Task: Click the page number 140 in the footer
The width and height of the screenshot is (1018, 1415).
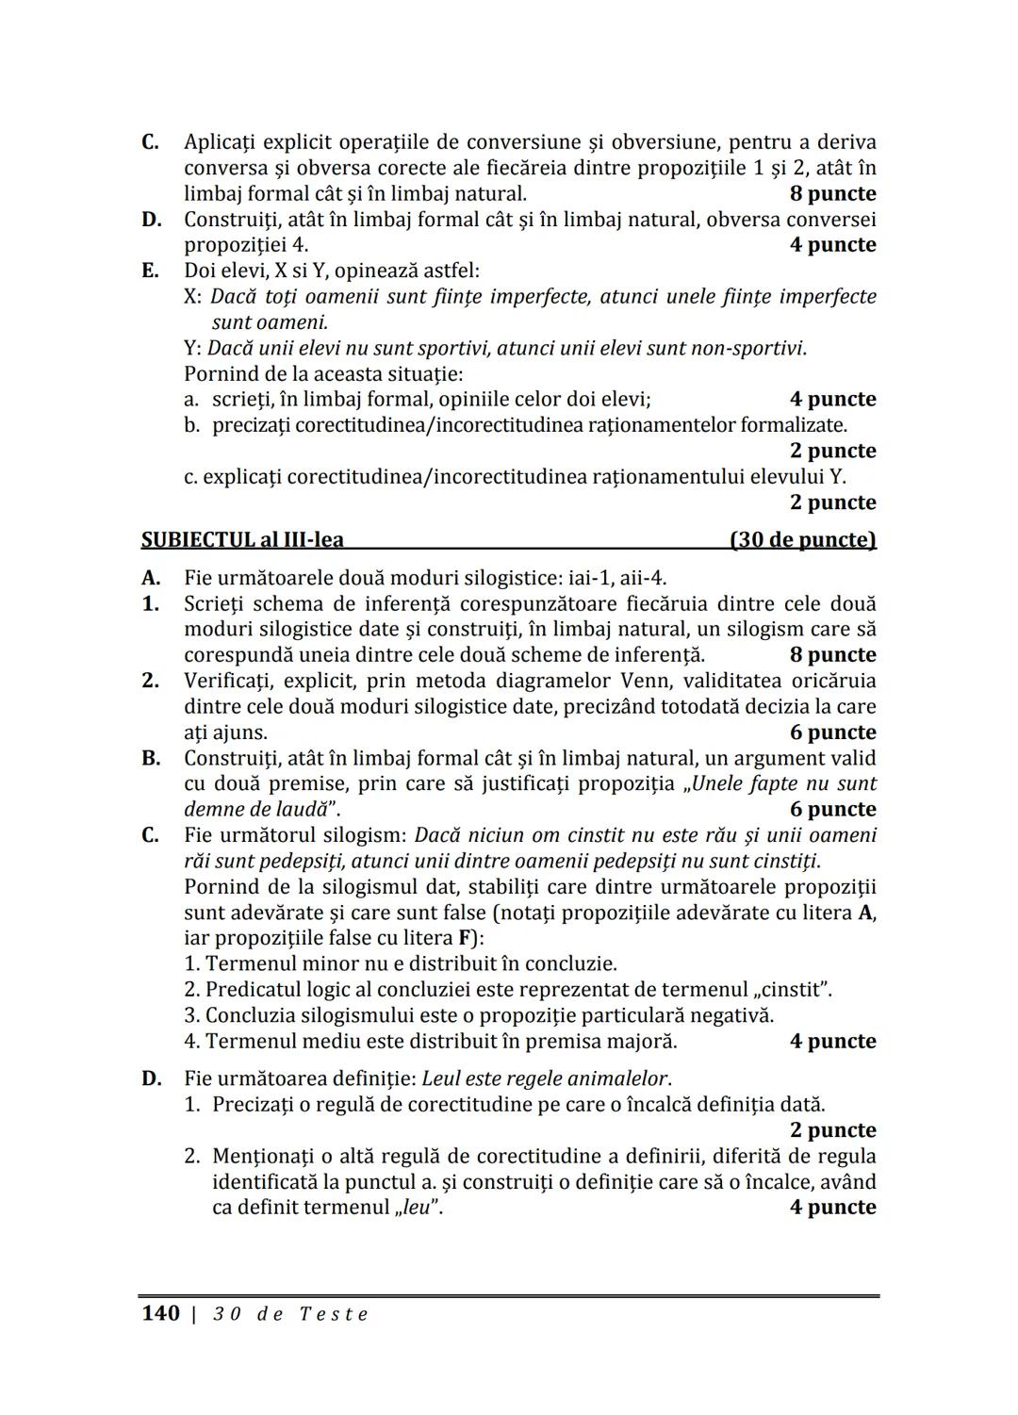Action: [x=159, y=1313]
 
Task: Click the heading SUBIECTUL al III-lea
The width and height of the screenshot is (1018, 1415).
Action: [x=242, y=540]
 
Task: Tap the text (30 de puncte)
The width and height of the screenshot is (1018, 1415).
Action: [x=803, y=540]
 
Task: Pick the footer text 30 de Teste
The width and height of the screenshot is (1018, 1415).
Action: [x=290, y=1314]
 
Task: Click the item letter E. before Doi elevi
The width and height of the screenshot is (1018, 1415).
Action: [x=150, y=271]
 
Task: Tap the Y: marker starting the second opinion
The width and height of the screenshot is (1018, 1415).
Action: [x=193, y=348]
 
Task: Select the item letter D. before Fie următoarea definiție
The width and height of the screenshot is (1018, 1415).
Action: [x=151, y=1078]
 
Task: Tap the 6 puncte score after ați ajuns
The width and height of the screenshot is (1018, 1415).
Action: [x=832, y=732]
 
